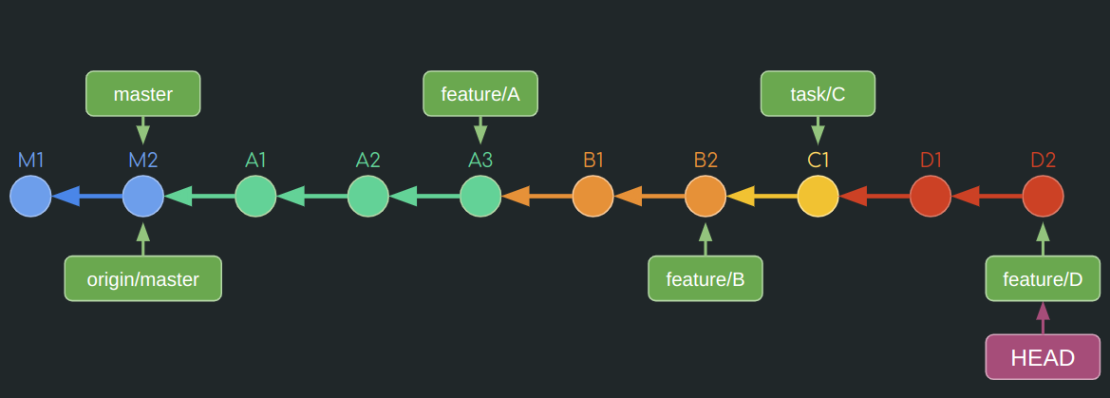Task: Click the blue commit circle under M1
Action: tap(30, 197)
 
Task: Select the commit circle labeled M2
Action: tap(142, 197)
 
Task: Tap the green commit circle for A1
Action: tap(255, 197)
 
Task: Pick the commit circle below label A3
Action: tap(480, 197)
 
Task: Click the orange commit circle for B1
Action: tap(593, 197)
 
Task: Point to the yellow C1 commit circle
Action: tap(818, 197)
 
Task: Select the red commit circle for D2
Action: tap(1043, 197)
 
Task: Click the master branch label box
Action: tap(142, 94)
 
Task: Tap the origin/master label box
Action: tap(142, 279)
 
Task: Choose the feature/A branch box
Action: tap(480, 94)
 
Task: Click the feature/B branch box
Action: tap(705, 279)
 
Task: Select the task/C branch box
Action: tap(818, 94)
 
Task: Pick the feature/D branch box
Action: tap(1043, 279)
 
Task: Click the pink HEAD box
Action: tap(1043, 358)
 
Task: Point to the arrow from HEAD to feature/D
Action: tap(1043, 318)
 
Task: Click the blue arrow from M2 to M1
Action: tap(87, 197)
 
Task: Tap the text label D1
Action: tap(931, 160)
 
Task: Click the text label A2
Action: tap(367, 160)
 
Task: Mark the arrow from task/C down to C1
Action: tap(818, 130)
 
